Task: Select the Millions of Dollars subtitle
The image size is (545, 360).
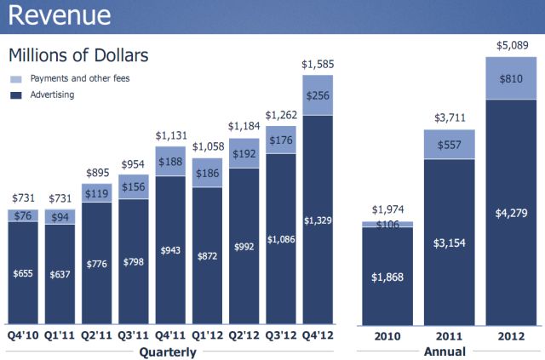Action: tap(78, 55)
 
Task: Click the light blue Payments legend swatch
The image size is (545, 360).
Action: tap(16, 78)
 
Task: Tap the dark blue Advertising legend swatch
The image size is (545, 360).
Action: tap(16, 94)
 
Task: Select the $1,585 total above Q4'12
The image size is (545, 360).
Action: tap(318, 63)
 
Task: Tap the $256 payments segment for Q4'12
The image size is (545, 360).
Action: tap(318, 94)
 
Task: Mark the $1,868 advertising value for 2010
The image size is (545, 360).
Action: tap(388, 277)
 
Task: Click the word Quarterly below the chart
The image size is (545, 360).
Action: tap(169, 351)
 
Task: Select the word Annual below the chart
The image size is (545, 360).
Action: tap(445, 351)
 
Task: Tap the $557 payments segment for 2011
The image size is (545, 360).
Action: tap(449, 144)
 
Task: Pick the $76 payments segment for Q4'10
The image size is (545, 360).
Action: tap(23, 215)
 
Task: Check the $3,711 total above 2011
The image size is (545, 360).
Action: tap(449, 117)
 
